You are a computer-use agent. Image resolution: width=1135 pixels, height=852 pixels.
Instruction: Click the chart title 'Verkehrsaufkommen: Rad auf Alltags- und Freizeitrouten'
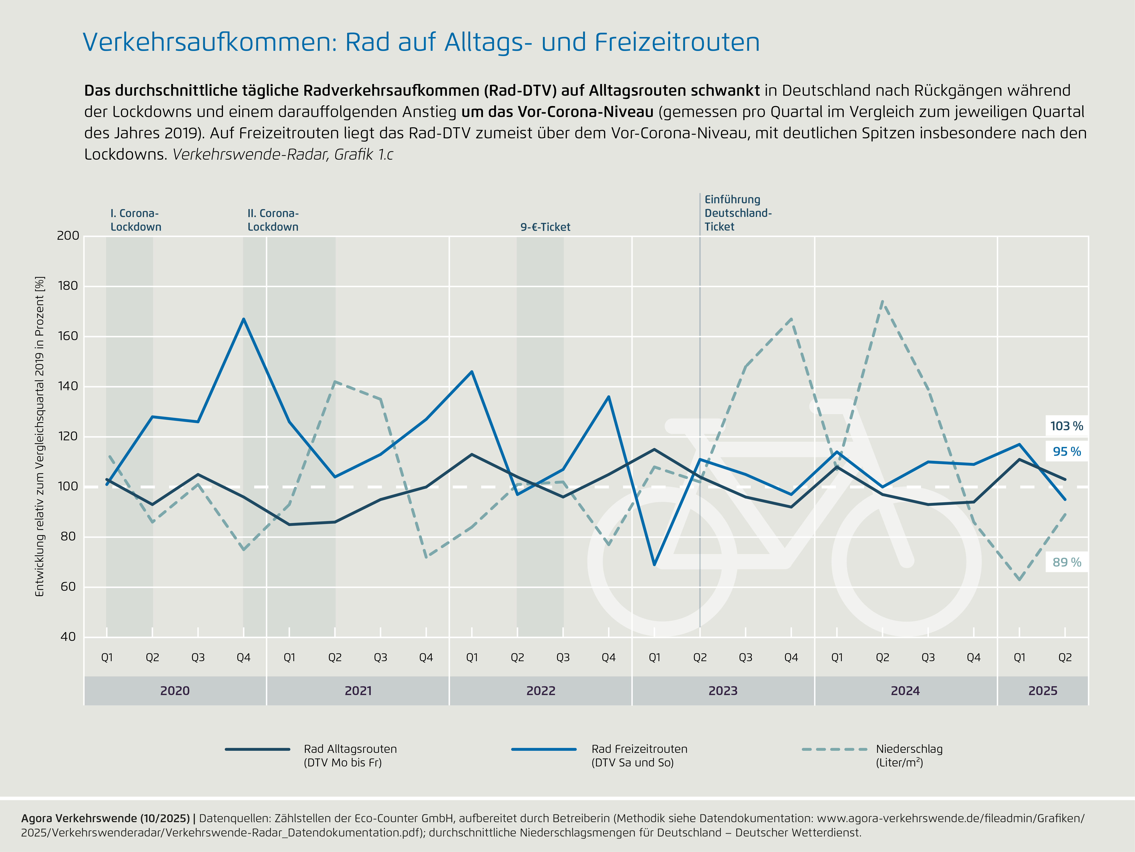coord(421,42)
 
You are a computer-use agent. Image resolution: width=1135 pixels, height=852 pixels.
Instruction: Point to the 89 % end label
coord(1066,562)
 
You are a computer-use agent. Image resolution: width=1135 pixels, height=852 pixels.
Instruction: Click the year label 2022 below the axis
coord(541,691)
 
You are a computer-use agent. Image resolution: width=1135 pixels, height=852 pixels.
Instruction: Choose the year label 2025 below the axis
coord(1043,691)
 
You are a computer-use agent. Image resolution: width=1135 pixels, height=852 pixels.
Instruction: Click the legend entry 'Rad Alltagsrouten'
coord(350,755)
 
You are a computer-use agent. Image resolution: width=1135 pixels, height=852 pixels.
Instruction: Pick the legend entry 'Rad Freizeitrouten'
coord(639,755)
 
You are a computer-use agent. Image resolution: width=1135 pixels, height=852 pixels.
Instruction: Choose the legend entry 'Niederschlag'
coord(909,755)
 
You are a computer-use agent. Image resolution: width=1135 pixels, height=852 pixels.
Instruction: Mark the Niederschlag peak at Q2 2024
coord(882,301)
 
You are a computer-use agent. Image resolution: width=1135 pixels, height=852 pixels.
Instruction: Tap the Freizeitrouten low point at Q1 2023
coord(654,564)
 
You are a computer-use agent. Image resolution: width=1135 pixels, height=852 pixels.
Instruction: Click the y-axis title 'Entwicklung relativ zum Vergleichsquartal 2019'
coord(39,437)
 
